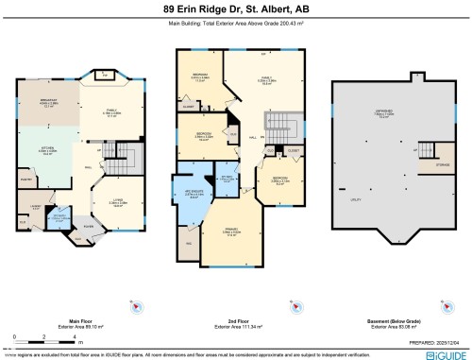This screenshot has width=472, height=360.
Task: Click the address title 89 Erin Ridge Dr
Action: pos(235,9)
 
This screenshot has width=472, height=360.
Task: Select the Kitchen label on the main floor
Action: pos(45,148)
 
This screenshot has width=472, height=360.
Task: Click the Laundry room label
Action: pos(35,206)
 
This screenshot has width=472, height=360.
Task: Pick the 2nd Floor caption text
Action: pos(236,320)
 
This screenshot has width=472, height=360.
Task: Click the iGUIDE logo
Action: pos(444,353)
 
